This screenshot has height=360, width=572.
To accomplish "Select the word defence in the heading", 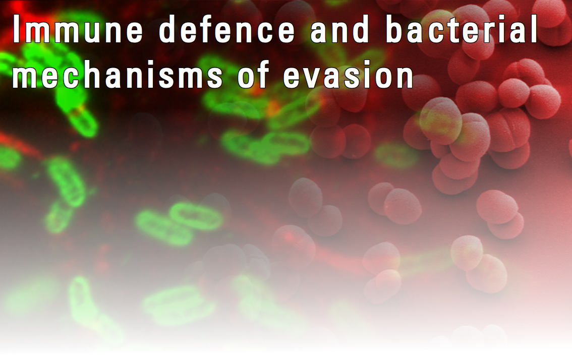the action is [x=227, y=29].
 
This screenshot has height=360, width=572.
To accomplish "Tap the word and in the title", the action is [x=340, y=29].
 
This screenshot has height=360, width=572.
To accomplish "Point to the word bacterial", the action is [x=462, y=29].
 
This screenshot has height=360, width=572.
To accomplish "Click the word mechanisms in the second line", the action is [x=118, y=75].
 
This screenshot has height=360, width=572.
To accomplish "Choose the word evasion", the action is [x=349, y=75].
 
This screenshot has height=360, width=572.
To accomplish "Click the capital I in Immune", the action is [x=17, y=29].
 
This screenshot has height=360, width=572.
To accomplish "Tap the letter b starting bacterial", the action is [x=395, y=29].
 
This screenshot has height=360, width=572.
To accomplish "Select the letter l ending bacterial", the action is [x=534, y=29].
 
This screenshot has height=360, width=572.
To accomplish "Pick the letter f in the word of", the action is [x=263, y=75].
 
